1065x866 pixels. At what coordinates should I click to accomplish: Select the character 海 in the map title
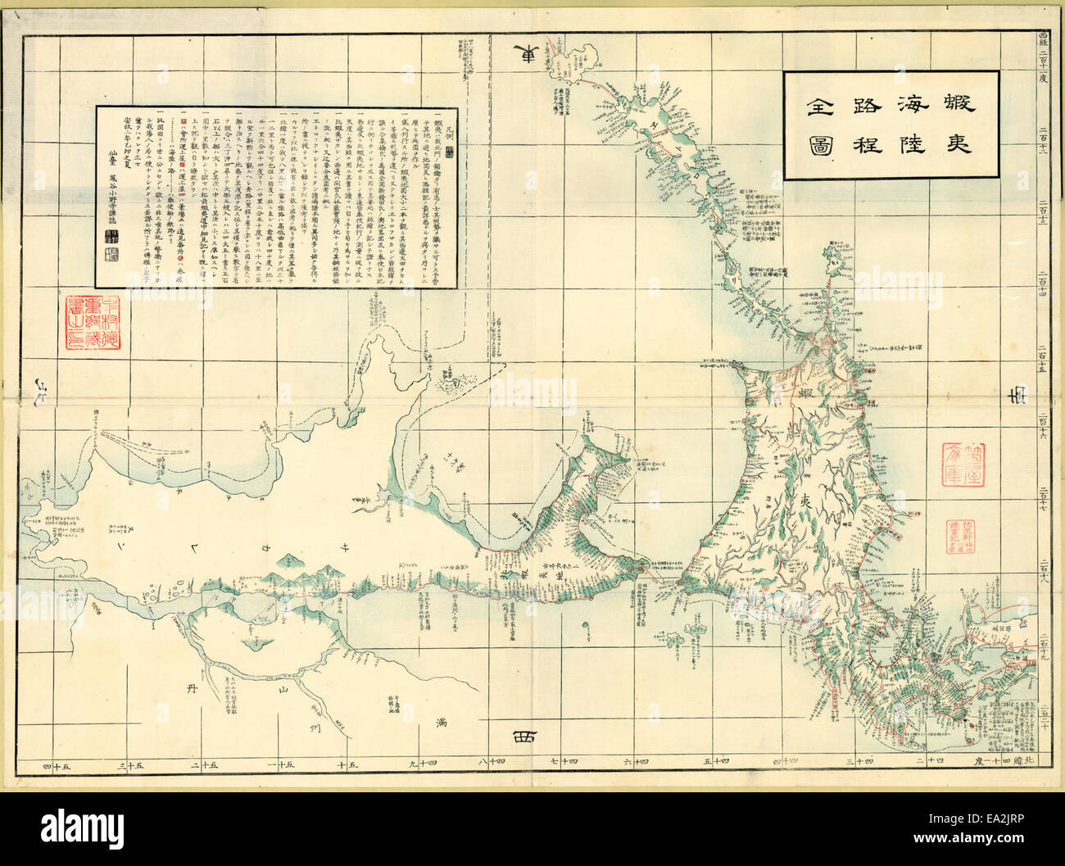click(x=908, y=103)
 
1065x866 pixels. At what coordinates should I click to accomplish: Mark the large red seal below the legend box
click(x=91, y=334)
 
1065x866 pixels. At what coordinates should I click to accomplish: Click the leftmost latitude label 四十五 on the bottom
click(x=57, y=765)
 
